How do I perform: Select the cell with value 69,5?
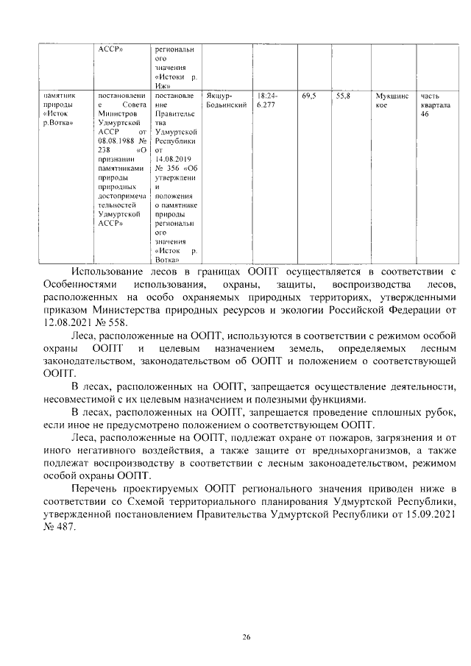[309, 96]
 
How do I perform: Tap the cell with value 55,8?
[343, 96]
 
